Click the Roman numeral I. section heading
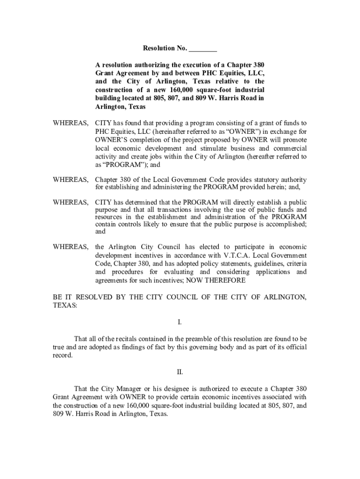(180, 322)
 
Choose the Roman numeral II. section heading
(180, 372)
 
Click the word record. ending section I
(63, 355)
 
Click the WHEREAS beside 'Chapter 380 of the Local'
(71, 180)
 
